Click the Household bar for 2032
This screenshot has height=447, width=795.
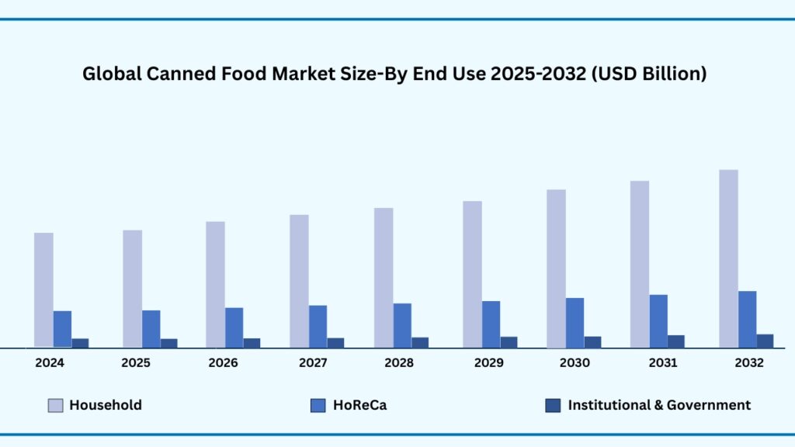728,258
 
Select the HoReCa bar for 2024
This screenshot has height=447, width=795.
62,329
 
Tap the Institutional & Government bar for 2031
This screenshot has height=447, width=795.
676,341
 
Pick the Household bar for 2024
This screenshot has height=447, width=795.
43,289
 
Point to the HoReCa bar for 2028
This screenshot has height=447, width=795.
402,325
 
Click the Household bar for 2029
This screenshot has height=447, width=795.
472,274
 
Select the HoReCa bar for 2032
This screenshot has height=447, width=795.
747,319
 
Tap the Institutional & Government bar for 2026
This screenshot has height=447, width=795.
252,343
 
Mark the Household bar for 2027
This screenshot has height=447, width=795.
299,281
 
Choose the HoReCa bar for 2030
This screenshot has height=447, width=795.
575,323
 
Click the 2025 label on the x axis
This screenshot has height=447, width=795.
136,363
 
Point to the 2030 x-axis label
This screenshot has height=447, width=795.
575,363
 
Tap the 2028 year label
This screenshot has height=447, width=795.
398,363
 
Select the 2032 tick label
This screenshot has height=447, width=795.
748,363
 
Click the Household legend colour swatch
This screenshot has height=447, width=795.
55,405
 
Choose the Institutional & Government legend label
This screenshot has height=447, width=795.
659,405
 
